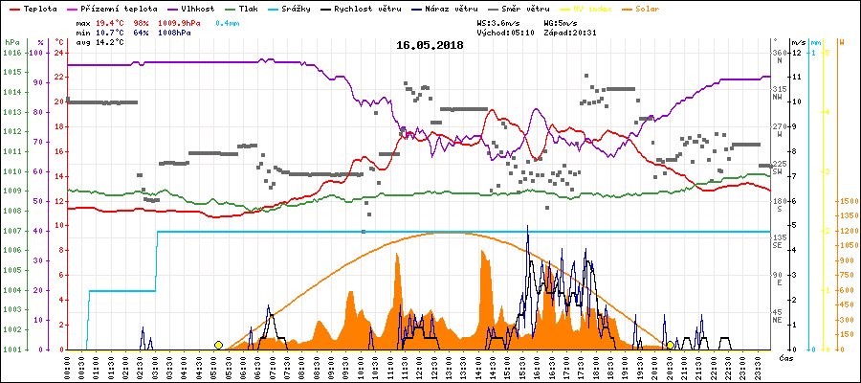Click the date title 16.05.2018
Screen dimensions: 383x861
(x=430, y=45)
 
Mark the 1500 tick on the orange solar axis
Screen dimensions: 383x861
(x=847, y=201)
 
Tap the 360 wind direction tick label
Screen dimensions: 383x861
(x=779, y=53)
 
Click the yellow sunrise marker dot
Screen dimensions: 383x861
(x=218, y=345)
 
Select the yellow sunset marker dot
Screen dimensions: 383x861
(x=670, y=345)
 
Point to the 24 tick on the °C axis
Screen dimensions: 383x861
(x=59, y=53)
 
